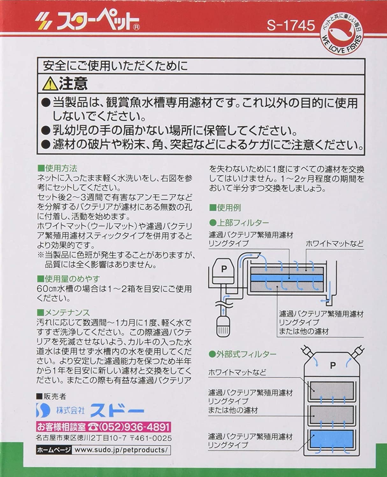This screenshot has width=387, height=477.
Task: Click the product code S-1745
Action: [x=291, y=25]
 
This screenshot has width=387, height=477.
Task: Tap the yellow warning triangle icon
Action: [x=50, y=84]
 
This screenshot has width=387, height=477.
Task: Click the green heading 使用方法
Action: [x=57, y=169]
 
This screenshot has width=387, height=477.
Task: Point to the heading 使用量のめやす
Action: [x=68, y=279]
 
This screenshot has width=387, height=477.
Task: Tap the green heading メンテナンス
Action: [x=63, y=312]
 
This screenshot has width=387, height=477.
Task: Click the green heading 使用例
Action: [x=225, y=208]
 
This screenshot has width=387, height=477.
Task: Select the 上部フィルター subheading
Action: [x=239, y=223]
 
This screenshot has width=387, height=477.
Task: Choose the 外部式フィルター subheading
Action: [x=242, y=355]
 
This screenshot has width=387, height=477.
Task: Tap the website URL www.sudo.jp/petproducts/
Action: [x=121, y=450]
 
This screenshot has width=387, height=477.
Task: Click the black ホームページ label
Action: [x=54, y=450]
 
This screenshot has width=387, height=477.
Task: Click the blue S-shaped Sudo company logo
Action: [x=43, y=410]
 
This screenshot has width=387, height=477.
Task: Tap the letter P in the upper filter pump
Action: [x=224, y=269]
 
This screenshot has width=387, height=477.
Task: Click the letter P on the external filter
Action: [x=333, y=366]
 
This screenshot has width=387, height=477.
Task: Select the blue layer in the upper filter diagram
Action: [x=287, y=278]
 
